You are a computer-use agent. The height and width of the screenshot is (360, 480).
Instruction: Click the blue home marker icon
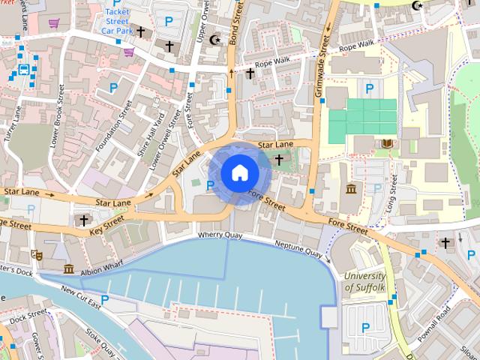coord(239,173)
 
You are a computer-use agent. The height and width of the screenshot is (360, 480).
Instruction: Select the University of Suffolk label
coord(364,280)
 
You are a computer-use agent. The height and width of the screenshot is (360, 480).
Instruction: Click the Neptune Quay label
coord(298,249)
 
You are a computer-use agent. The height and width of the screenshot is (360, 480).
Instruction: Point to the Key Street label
coord(107,223)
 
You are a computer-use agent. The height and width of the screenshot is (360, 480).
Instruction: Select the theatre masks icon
coord(36,255)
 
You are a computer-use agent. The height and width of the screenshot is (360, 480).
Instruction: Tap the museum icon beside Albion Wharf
coord(68,268)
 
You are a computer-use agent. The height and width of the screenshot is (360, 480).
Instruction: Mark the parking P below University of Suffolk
coord(365,326)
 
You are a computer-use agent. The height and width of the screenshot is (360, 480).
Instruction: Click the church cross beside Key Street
coord(83,220)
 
